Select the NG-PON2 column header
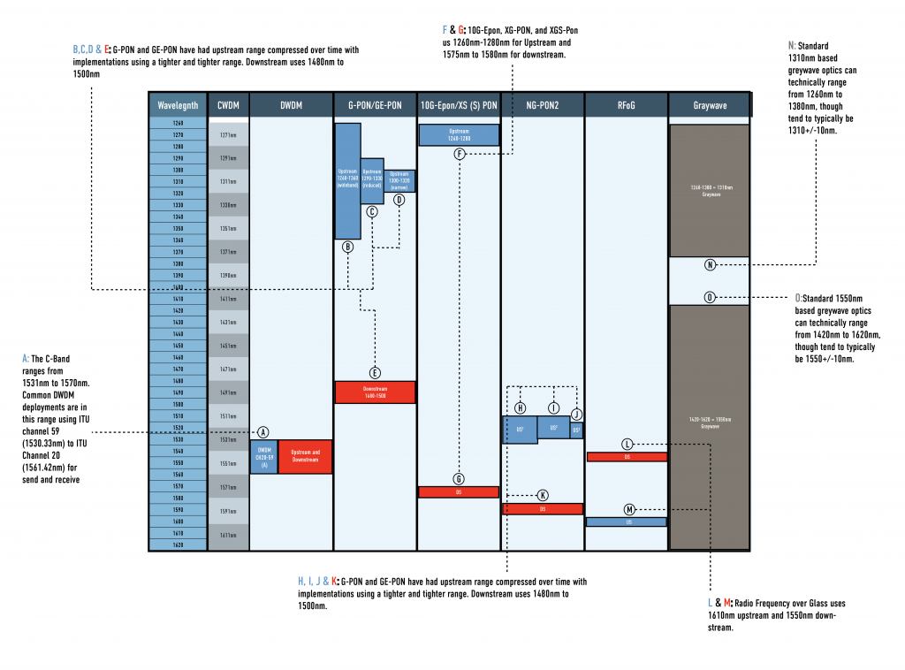542,104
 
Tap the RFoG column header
626,104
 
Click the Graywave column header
710,104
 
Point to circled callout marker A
262,432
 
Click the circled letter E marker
374,373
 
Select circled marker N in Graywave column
710,265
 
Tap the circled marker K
543,495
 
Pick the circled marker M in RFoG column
629,509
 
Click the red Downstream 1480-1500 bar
375,392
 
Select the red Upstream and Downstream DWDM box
305,456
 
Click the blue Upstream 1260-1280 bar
459,134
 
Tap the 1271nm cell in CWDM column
228,135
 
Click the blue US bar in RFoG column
626,522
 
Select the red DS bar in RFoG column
626,457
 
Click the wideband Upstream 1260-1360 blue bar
347,181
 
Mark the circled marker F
460,154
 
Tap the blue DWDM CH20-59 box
263,456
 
